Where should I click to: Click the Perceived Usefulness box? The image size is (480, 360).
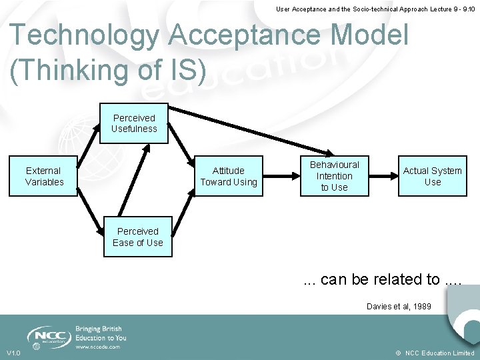pos(134,123)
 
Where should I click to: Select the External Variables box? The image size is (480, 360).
pos(44,176)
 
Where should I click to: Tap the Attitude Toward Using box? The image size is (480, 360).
pos(228,176)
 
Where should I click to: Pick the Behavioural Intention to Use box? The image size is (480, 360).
pos(334,176)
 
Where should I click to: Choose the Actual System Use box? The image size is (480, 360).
pos(433,176)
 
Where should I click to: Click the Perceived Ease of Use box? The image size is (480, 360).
pos(138,237)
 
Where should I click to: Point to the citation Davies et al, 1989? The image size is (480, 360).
pos(399,307)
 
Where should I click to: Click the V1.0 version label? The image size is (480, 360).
pos(14,353)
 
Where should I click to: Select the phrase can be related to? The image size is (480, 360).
pos(380,279)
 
